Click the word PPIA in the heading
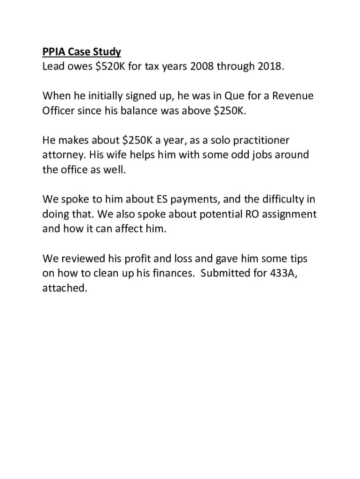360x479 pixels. tap(54, 51)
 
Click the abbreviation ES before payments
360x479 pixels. tap(161, 200)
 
